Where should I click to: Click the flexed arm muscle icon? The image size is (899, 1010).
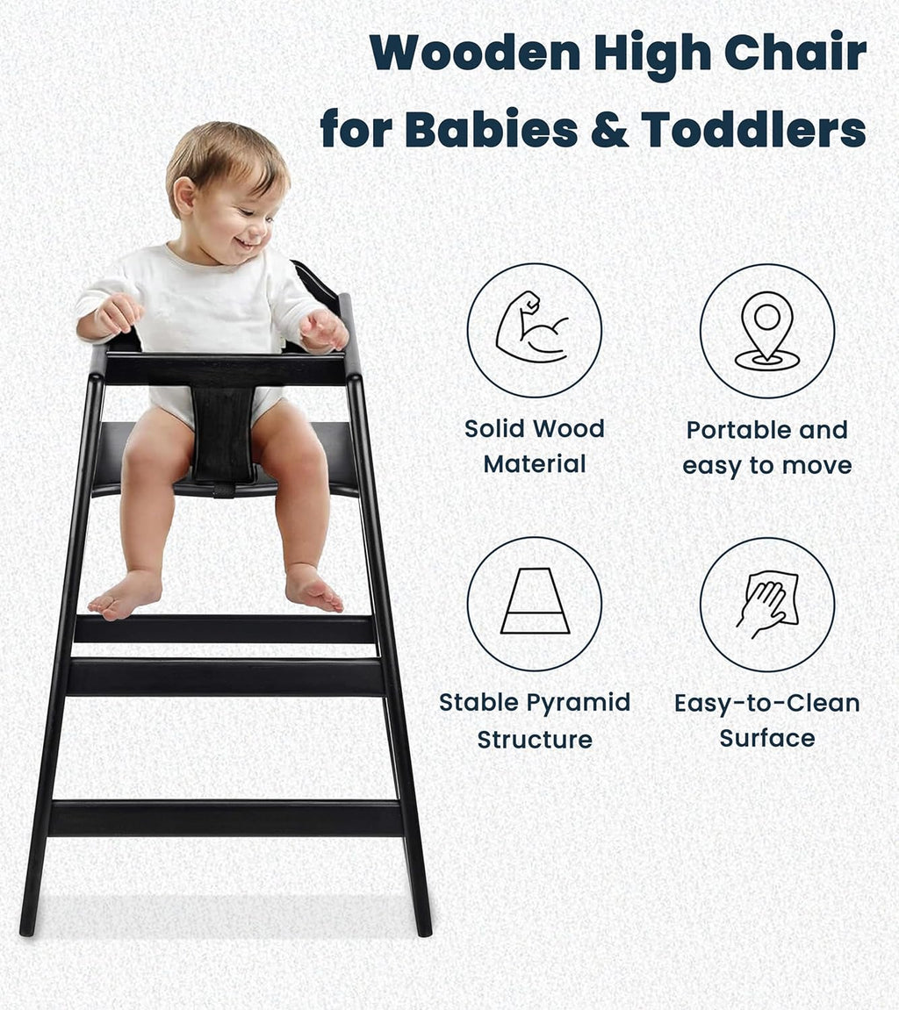click(x=532, y=329)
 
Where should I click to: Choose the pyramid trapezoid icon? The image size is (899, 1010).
click(x=534, y=602)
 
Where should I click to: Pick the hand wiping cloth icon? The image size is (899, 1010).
click(x=766, y=604)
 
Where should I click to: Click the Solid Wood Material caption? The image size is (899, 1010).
click(x=534, y=446)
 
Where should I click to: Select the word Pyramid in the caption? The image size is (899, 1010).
click(x=584, y=703)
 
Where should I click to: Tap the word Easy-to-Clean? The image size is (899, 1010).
click(x=766, y=703)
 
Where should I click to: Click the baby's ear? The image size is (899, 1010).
click(x=185, y=195)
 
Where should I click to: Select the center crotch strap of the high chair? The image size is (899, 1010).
click(x=223, y=436)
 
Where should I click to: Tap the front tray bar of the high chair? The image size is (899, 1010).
click(x=225, y=369)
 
